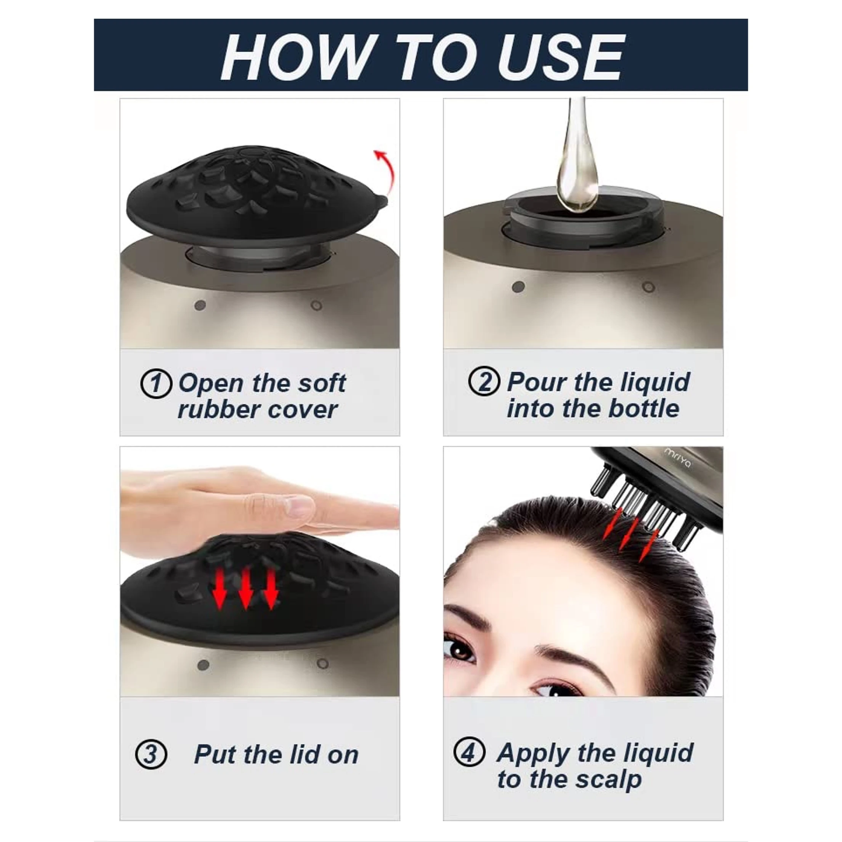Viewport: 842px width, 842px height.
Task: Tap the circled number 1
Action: [x=156, y=384]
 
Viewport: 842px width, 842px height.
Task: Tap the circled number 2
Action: [x=484, y=382]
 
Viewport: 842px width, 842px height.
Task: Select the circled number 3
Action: [x=151, y=754]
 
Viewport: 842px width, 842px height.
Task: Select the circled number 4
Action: [x=469, y=752]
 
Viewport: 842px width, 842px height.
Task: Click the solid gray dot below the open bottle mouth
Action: [x=518, y=287]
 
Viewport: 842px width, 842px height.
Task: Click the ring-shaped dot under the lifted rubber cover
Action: [x=317, y=306]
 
